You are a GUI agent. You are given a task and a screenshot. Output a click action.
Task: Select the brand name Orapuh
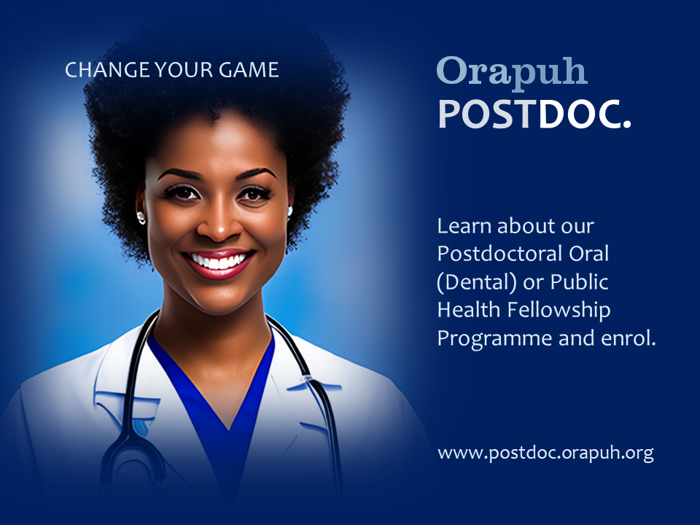[x=512, y=71]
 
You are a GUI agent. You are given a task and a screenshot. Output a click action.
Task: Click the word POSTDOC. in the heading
[x=534, y=114]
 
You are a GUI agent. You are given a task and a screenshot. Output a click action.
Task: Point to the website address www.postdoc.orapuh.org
[x=545, y=453]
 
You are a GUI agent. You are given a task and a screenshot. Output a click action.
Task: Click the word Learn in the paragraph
[x=462, y=225]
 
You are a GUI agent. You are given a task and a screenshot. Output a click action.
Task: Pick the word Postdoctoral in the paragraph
[x=492, y=254]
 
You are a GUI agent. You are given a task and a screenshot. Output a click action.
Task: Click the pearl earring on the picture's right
[x=289, y=211]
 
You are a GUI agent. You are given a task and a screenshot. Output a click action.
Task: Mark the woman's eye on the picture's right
[x=254, y=194]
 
